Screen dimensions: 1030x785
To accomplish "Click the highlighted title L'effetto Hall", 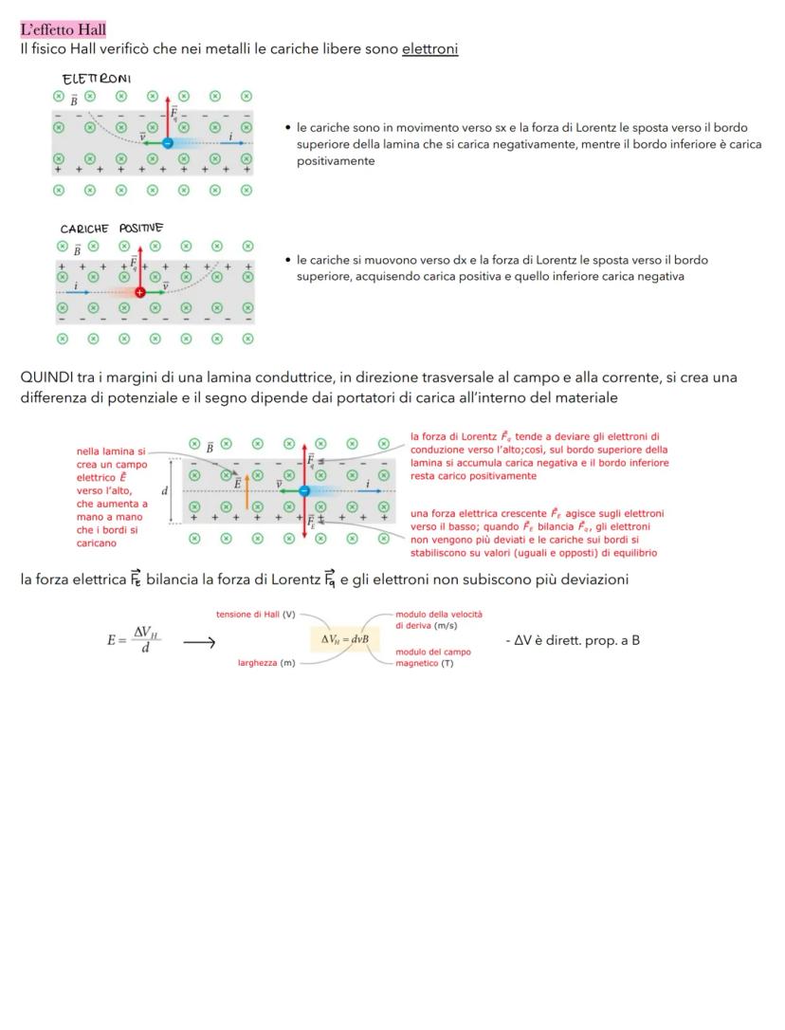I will tap(64, 30).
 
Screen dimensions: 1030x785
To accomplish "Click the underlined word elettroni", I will tap(429, 48).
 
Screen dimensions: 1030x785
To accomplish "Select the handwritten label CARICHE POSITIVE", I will tap(111, 229).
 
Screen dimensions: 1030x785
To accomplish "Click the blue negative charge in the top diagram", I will tap(167, 142).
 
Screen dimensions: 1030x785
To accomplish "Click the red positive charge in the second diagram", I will tap(140, 293).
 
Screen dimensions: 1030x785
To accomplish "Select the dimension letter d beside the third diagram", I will tap(164, 490).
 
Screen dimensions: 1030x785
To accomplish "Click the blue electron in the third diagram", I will tap(303, 490).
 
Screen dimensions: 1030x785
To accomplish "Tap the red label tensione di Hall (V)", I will tap(255, 615).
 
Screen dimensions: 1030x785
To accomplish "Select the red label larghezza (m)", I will tap(265, 662).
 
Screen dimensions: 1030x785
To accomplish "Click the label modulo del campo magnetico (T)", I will tap(432, 657).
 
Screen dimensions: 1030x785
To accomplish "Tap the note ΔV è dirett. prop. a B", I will tap(575, 640).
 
